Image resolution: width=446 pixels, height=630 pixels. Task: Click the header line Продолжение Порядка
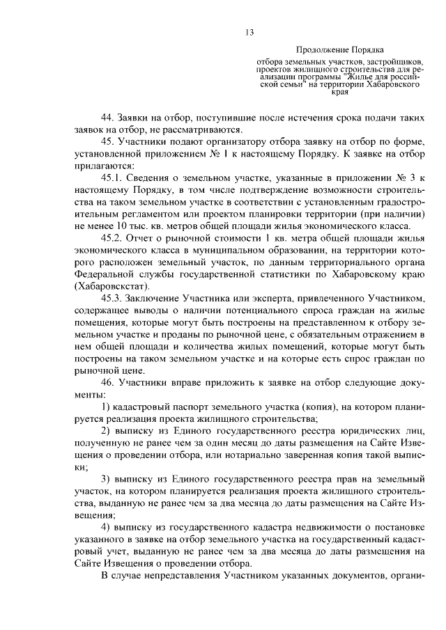click(x=341, y=50)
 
